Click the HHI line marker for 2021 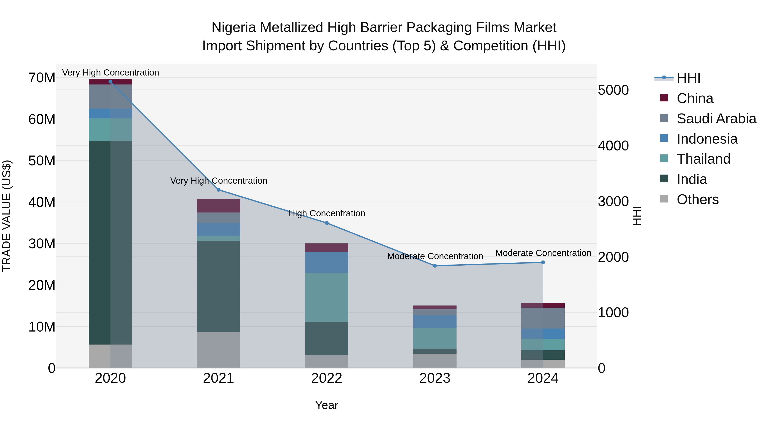(x=218, y=190)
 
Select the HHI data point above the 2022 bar (x=327, y=223)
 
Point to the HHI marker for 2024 (x=543, y=262)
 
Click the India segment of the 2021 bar (x=218, y=286)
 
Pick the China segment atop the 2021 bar (x=218, y=206)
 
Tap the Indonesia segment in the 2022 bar (x=327, y=262)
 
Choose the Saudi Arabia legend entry (x=716, y=119)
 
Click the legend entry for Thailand (x=703, y=159)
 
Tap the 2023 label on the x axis (x=435, y=378)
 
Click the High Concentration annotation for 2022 (x=327, y=214)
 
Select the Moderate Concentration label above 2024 (x=543, y=253)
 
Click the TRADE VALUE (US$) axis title (x=7, y=216)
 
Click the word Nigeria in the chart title (x=234, y=28)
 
